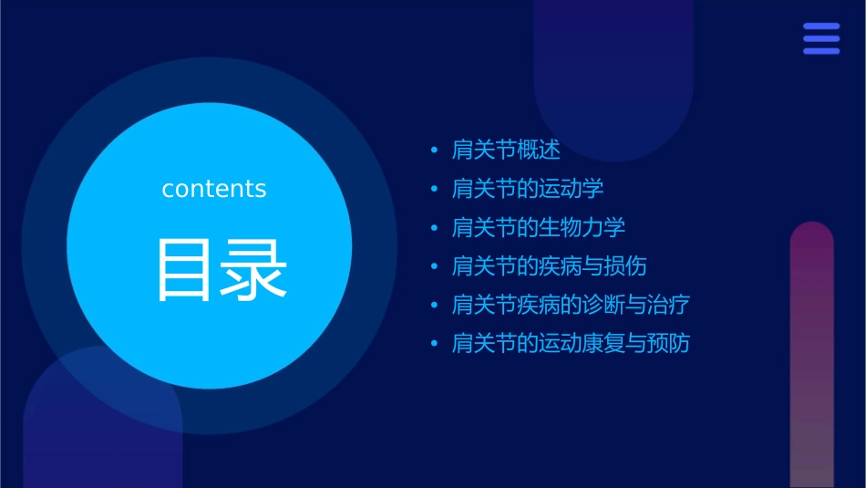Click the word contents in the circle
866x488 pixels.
(x=214, y=189)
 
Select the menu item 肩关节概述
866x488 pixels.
(x=506, y=150)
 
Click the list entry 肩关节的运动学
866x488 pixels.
(x=528, y=189)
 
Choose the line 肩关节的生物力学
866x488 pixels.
(x=539, y=227)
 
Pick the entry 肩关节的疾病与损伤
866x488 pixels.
(x=550, y=266)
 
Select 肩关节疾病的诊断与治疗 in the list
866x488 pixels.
(x=571, y=305)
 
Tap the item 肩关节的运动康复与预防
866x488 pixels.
(x=571, y=344)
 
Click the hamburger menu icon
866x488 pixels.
(x=821, y=38)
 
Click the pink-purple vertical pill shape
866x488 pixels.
(x=811, y=356)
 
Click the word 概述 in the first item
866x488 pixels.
(x=539, y=150)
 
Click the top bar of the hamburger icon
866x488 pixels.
(x=821, y=26)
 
